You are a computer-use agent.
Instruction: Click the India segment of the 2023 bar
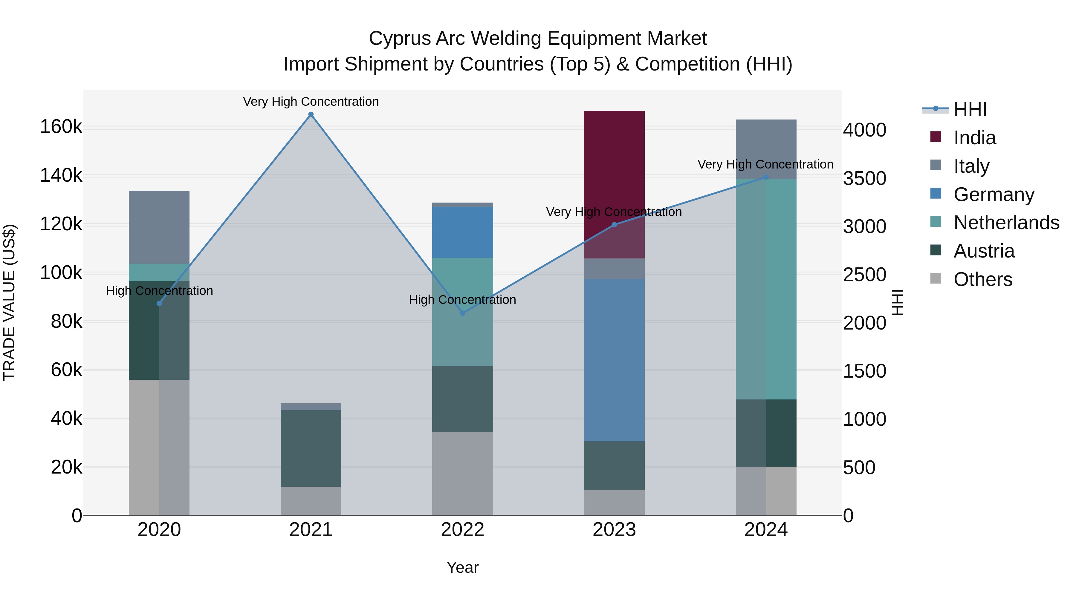(x=614, y=184)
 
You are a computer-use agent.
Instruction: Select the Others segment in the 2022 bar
(x=462, y=474)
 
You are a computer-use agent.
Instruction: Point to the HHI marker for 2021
(x=311, y=114)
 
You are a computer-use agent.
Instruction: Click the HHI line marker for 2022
(x=462, y=313)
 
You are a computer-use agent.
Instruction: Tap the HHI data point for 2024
(x=766, y=177)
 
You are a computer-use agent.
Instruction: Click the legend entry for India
(x=974, y=138)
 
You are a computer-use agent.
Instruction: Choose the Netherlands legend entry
(x=1006, y=223)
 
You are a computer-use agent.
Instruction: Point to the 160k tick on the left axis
(x=61, y=126)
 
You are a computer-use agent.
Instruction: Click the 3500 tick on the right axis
(x=864, y=178)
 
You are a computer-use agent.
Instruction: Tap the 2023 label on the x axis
(x=614, y=530)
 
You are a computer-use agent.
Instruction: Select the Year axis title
(x=462, y=567)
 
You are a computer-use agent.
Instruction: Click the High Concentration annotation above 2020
(x=159, y=291)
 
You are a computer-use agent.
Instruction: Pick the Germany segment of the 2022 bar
(x=462, y=232)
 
